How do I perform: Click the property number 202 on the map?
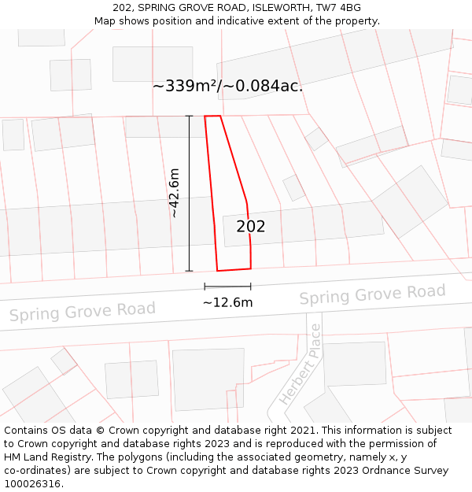pyautogui.click(x=251, y=227)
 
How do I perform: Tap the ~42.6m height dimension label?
pyautogui.click(x=175, y=193)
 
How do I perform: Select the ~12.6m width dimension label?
pyautogui.click(x=227, y=302)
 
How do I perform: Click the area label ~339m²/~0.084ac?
pyautogui.click(x=227, y=86)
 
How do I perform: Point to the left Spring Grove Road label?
pyautogui.click(x=82, y=311)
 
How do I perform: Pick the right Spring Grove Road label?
pyautogui.click(x=372, y=295)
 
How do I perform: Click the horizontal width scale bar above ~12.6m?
pyautogui.click(x=227, y=287)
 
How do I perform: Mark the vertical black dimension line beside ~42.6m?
pyautogui.click(x=189, y=193)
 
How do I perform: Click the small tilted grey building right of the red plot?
pyautogui.click(x=293, y=187)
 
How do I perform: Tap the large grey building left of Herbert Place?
pyautogui.click(x=208, y=379)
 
